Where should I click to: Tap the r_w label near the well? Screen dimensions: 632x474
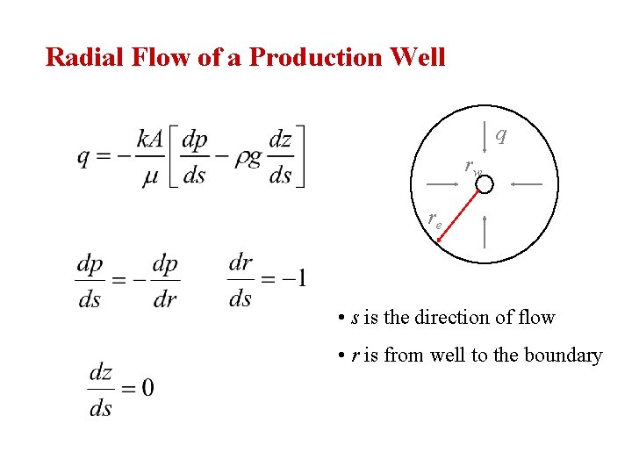pos(473,167)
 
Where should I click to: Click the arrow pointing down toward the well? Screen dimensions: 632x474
pos(485,138)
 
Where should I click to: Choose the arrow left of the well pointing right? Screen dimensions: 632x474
pos(447,184)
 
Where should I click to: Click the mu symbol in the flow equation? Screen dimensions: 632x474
pos(149,176)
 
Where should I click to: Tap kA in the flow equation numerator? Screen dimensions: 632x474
pos(149,139)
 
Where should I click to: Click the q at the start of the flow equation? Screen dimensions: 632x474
pos(83,158)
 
